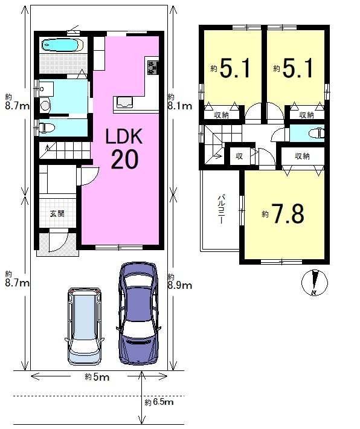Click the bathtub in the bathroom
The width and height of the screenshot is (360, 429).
pyautogui.click(x=63, y=45)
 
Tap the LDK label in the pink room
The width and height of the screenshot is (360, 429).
pyautogui.click(x=124, y=137)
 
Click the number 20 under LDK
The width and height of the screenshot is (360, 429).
pyautogui.click(x=124, y=160)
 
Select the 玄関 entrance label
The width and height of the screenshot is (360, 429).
pyautogui.click(x=57, y=213)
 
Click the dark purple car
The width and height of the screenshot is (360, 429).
pyautogui.click(x=138, y=313)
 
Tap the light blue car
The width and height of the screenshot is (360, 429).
pyautogui.click(x=84, y=326)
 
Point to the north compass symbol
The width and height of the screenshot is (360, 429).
pyautogui.click(x=315, y=283)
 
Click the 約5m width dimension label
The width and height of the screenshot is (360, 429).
pyautogui.click(x=97, y=377)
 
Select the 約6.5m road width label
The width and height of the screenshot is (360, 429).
pyautogui.click(x=159, y=402)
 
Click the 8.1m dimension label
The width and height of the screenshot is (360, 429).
pyautogui.click(x=180, y=106)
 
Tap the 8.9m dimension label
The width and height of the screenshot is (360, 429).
pyautogui.click(x=180, y=285)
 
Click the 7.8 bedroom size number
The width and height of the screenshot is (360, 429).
pyautogui.click(x=287, y=214)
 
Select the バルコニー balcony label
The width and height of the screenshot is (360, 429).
pyautogui.click(x=221, y=209)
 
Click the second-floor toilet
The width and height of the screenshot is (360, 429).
pyautogui.click(x=317, y=134)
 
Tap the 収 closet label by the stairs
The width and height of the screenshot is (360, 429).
pyautogui.click(x=239, y=156)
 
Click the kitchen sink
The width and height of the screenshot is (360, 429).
pyautogui.click(x=124, y=102)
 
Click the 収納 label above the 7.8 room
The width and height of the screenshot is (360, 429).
pyautogui.click(x=302, y=156)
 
